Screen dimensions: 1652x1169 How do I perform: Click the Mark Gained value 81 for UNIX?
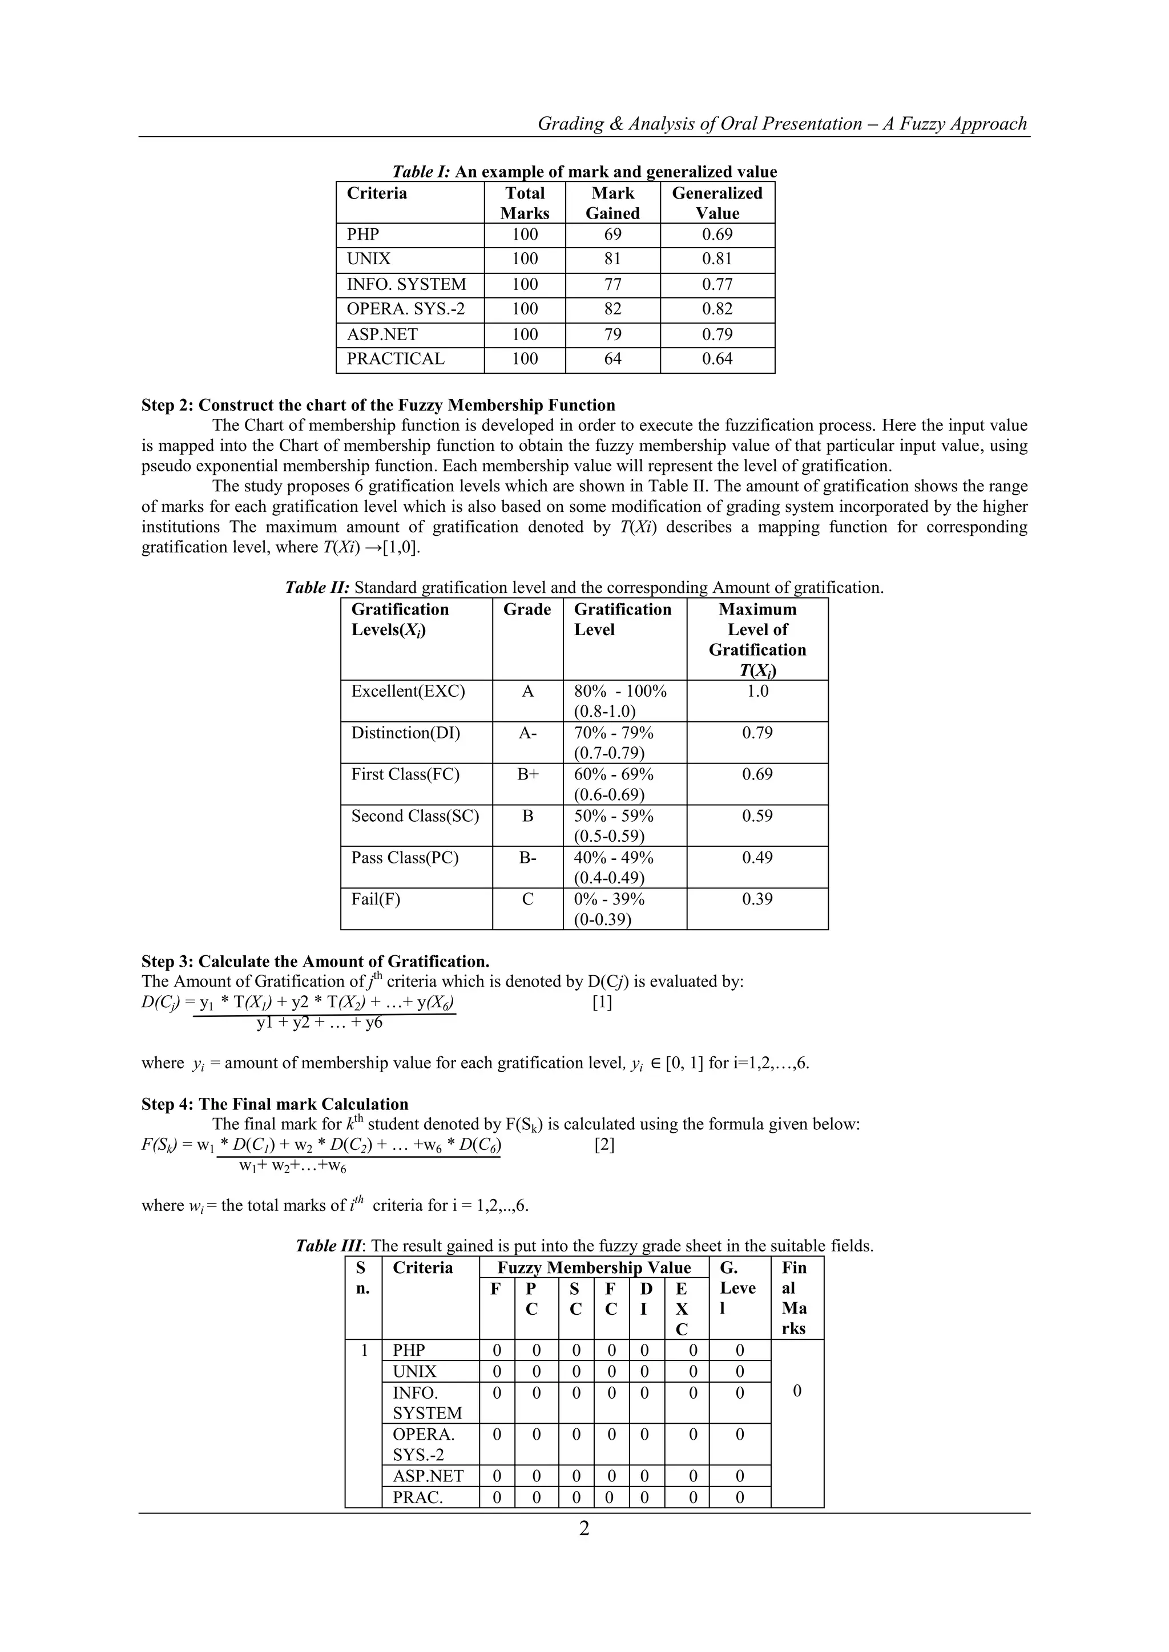click(x=612, y=259)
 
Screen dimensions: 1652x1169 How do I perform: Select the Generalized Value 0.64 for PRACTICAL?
click(x=717, y=359)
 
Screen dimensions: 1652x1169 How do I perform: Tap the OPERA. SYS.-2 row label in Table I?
click(x=405, y=309)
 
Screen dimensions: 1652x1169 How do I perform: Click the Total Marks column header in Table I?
click(x=525, y=203)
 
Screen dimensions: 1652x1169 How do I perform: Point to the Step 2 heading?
click(x=378, y=405)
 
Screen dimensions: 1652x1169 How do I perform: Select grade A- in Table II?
click(x=527, y=733)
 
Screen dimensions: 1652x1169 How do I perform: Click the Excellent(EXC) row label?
click(x=408, y=692)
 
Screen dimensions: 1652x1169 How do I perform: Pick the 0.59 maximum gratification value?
click(x=757, y=817)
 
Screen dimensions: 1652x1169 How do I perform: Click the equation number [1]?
click(x=602, y=1002)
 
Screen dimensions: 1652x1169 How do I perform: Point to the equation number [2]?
click(x=604, y=1145)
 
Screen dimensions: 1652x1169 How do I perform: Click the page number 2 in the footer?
click(x=584, y=1529)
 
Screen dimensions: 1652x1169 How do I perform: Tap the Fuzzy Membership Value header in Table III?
click(x=594, y=1268)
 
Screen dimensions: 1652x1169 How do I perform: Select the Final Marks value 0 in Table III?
click(x=797, y=1392)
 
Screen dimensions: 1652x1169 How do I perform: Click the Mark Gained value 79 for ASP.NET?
click(x=612, y=334)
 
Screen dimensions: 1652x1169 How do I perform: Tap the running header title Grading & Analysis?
click(x=782, y=124)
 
